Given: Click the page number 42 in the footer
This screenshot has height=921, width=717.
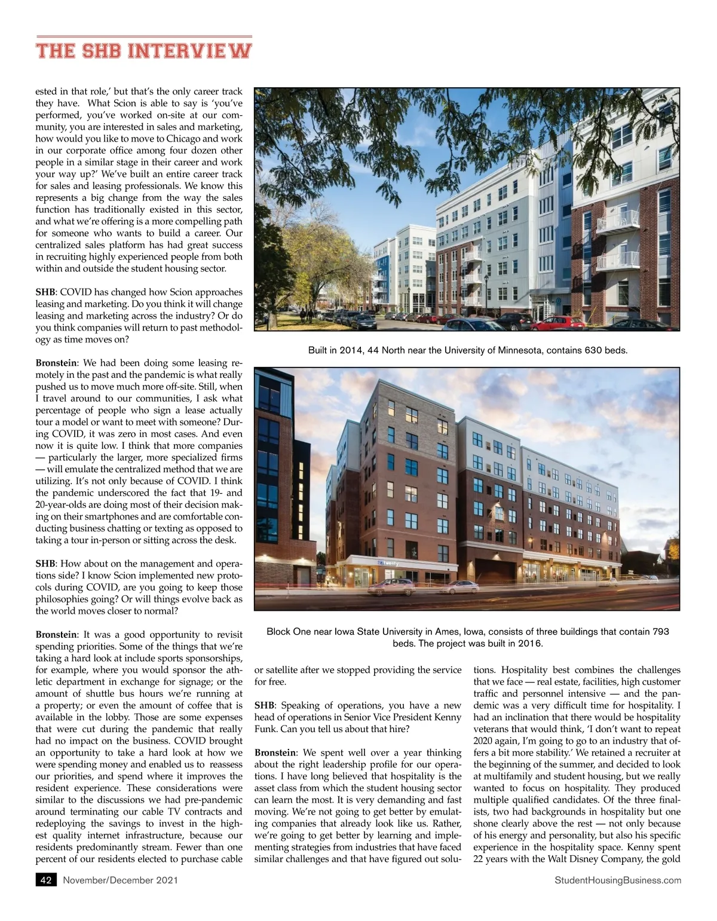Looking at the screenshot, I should (x=46, y=880).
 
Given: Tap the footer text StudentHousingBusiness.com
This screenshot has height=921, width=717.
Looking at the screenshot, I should (x=618, y=880).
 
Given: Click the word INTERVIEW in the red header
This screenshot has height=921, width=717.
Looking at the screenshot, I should (x=190, y=50).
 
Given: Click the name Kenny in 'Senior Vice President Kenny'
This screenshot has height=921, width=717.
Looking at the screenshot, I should (x=449, y=717).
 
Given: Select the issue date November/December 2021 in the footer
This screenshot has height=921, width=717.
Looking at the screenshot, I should (x=120, y=880).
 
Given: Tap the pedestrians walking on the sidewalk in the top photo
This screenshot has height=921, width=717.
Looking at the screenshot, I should (x=306, y=314).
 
